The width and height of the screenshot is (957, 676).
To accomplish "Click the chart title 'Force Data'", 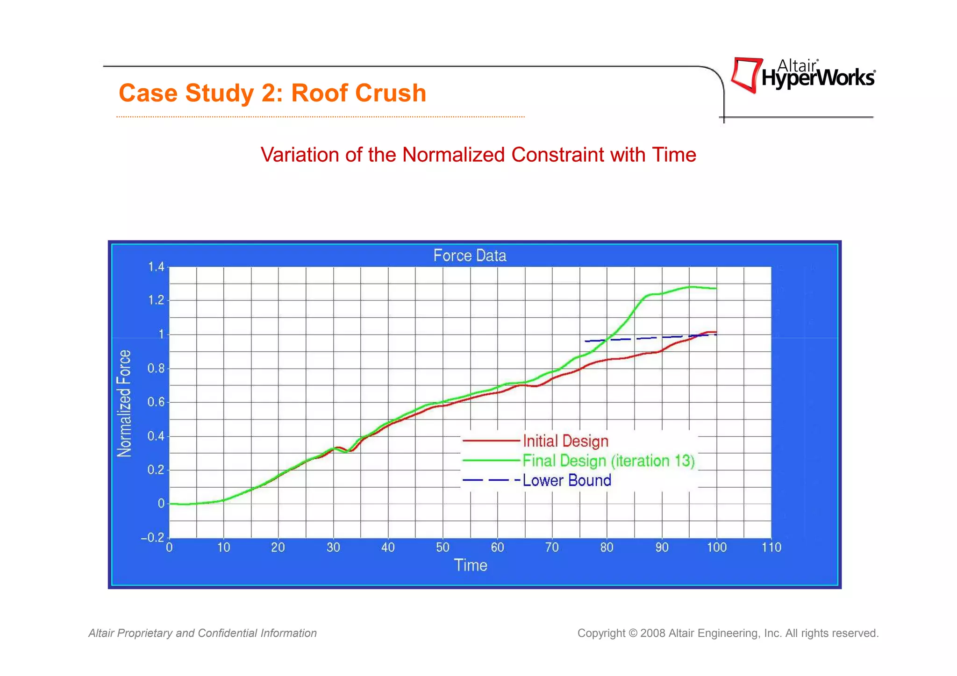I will (x=470, y=256).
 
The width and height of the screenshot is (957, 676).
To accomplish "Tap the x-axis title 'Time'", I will (x=471, y=565).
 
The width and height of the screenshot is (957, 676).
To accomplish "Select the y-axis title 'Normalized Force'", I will (x=124, y=404).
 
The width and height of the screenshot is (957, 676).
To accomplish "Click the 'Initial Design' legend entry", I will (x=565, y=441).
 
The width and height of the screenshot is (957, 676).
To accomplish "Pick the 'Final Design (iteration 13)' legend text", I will (x=608, y=461).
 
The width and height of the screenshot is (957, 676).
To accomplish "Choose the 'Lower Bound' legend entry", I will (x=567, y=481).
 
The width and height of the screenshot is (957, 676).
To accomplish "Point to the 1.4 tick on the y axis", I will (x=156, y=267).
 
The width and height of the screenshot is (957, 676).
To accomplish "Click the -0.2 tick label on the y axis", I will (x=153, y=538).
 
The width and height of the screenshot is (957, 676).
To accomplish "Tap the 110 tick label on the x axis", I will (x=771, y=548).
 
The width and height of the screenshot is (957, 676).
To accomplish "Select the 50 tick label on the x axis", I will (x=443, y=548).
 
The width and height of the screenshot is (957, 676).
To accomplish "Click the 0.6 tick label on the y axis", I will (x=156, y=402).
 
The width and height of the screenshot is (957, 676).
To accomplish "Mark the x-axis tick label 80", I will (x=607, y=548).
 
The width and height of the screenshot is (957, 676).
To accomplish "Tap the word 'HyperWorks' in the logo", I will (x=818, y=78).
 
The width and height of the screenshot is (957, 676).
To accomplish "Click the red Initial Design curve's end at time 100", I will (x=715, y=332).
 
